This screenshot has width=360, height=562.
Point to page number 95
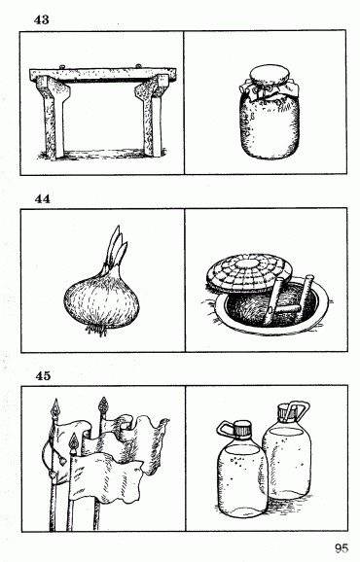click(x=341, y=548)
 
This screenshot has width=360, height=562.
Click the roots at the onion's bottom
click(x=98, y=331)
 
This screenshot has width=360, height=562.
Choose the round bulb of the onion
click(x=98, y=296)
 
